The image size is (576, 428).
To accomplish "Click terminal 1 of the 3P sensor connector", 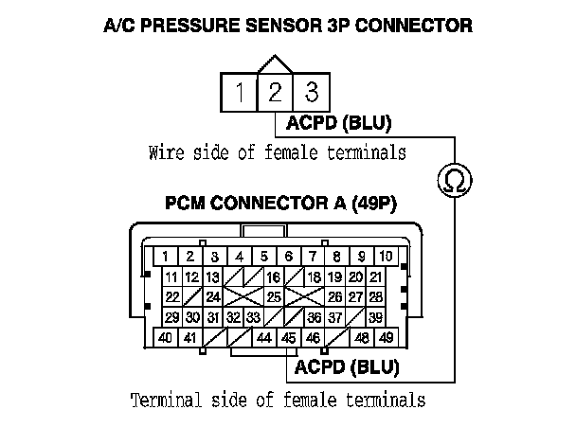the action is pyautogui.click(x=242, y=94).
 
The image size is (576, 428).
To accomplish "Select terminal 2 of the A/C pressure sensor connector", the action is pyautogui.click(x=275, y=94).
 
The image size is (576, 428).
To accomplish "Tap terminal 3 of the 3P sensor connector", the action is pyautogui.click(x=309, y=94).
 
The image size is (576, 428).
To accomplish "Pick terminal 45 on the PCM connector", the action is pyautogui.click(x=289, y=338).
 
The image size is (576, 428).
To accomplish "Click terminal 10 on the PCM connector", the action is pyautogui.click(x=386, y=257).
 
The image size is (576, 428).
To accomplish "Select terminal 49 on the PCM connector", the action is pyautogui.click(x=385, y=338).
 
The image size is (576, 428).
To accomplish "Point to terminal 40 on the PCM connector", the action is pyautogui.click(x=165, y=338).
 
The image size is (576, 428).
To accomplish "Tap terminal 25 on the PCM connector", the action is pyautogui.click(x=273, y=297).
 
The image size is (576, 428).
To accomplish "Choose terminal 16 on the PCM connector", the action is pyautogui.click(x=273, y=276).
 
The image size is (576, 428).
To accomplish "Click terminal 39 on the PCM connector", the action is pyautogui.click(x=375, y=317).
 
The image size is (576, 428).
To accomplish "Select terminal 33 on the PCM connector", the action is pyautogui.click(x=253, y=317).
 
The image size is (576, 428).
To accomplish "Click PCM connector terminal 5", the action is pyautogui.click(x=263, y=257).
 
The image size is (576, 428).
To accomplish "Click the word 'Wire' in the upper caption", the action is pyautogui.click(x=166, y=152).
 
